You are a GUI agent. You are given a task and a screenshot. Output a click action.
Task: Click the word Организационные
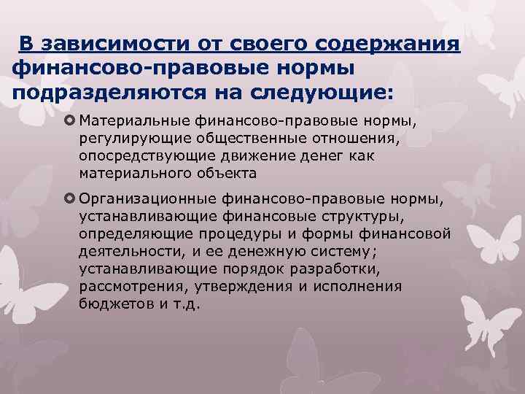[141, 199]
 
